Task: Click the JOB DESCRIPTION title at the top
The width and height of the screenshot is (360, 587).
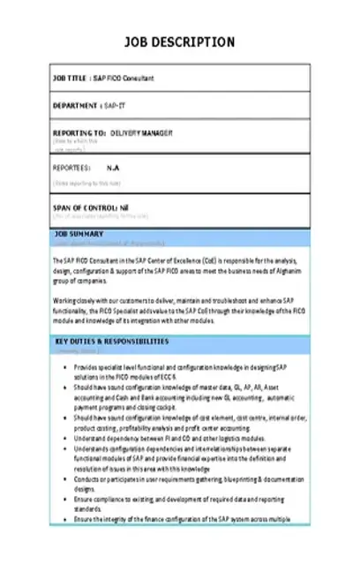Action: pyautogui.click(x=179, y=41)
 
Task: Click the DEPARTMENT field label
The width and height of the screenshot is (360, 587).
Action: pyautogui.click(x=75, y=106)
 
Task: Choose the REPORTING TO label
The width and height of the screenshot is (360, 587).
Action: pyautogui.click(x=80, y=133)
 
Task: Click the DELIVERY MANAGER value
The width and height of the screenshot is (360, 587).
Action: pyautogui.click(x=147, y=133)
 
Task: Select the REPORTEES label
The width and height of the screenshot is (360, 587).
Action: pyautogui.click(x=71, y=166)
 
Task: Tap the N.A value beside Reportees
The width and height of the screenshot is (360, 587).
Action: pyautogui.click(x=113, y=166)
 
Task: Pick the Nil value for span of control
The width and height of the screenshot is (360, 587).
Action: pyautogui.click(x=125, y=206)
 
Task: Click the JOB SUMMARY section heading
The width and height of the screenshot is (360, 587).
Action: pyautogui.click(x=79, y=234)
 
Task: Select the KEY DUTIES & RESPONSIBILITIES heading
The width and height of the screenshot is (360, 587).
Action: pyautogui.click(x=111, y=341)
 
